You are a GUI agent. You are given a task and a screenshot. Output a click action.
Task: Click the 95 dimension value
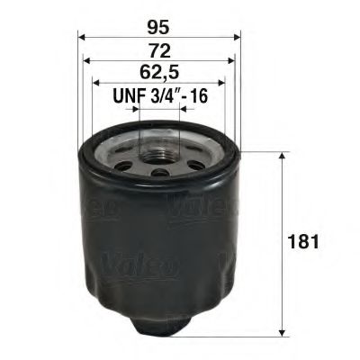pos(159,24)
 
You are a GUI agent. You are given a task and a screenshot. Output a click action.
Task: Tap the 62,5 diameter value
pos(159,73)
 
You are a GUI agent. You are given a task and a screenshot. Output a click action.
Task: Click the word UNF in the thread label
pos(126,96)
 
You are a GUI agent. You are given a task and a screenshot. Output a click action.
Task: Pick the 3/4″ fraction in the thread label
pos(166,96)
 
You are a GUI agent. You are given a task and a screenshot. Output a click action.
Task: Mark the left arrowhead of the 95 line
pos(82,38)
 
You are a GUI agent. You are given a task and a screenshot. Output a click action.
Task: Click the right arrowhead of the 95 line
pos(236,38)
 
